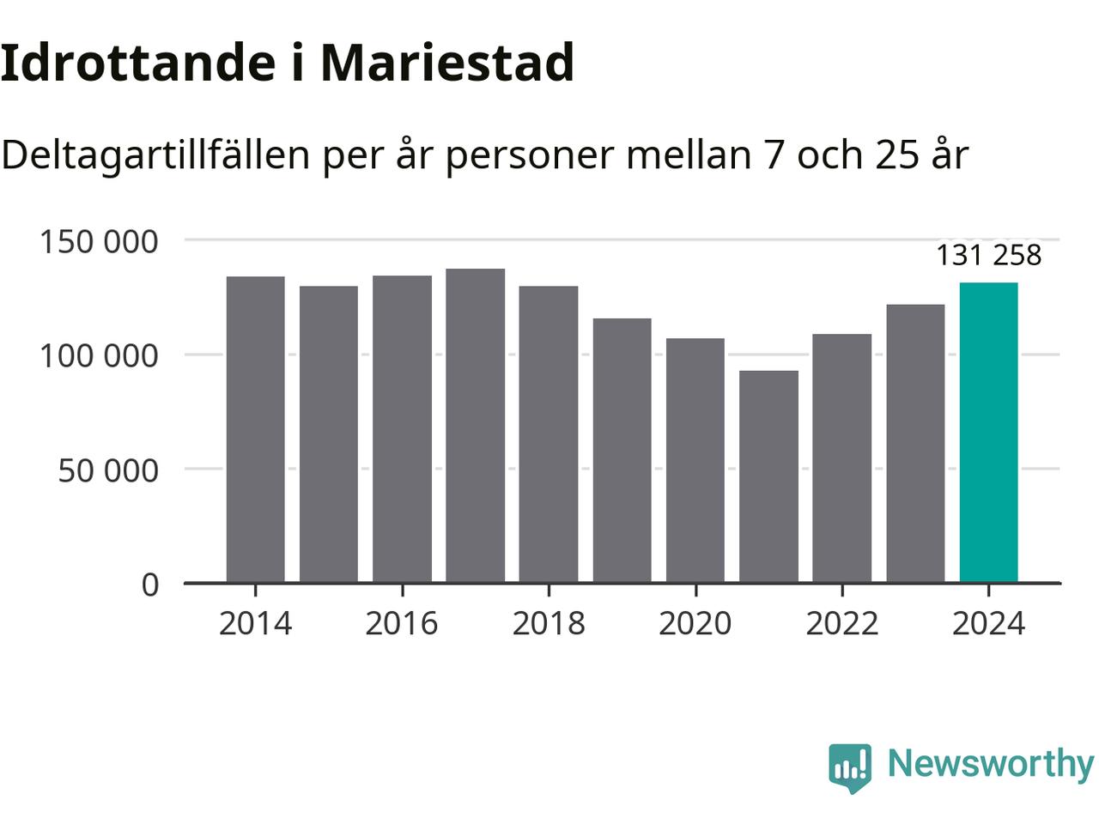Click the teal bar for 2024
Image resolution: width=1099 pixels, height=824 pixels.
[x=988, y=433]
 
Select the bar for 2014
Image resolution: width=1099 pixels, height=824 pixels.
[x=255, y=429]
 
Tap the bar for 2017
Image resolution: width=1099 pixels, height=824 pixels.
[x=475, y=426]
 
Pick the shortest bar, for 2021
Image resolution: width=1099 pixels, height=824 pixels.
[x=768, y=476]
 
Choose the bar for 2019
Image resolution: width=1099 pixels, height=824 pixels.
[x=622, y=451]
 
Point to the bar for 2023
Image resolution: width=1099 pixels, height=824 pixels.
[x=915, y=444]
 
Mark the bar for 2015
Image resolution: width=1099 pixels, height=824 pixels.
[x=329, y=434]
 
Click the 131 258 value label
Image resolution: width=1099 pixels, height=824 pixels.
[x=988, y=255]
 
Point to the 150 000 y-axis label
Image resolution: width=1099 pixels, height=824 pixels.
[x=99, y=241]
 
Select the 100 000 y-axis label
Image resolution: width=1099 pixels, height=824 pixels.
[x=99, y=355]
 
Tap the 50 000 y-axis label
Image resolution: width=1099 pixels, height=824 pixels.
[x=108, y=470]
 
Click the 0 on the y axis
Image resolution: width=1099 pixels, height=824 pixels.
[x=150, y=585]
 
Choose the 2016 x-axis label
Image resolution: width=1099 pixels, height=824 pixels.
[x=402, y=623]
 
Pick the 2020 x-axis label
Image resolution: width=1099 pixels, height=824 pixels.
[x=695, y=623]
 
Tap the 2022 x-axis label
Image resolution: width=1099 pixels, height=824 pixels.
[x=842, y=623]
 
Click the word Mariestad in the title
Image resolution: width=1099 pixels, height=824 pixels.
[x=446, y=62]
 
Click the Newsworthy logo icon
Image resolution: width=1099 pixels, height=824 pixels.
[x=850, y=766]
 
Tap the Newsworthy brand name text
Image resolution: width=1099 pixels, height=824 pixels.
[x=990, y=763]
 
